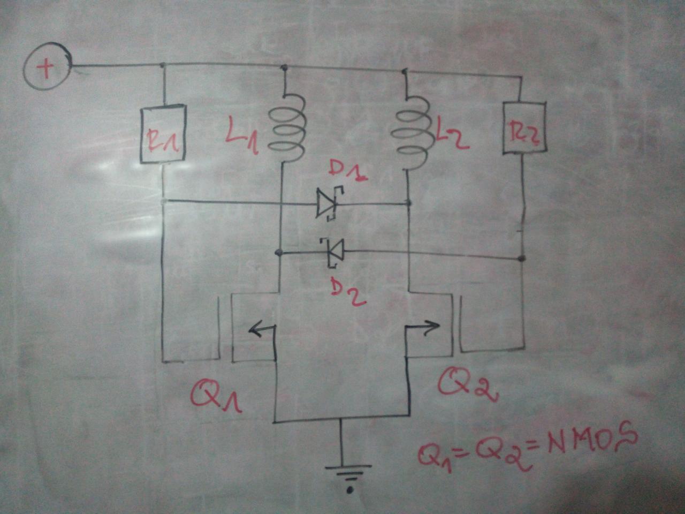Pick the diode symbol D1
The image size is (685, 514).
[328, 204]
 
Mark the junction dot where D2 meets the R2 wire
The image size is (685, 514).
[523, 259]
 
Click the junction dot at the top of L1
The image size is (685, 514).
[284, 67]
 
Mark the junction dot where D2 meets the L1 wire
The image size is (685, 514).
[278, 251]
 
